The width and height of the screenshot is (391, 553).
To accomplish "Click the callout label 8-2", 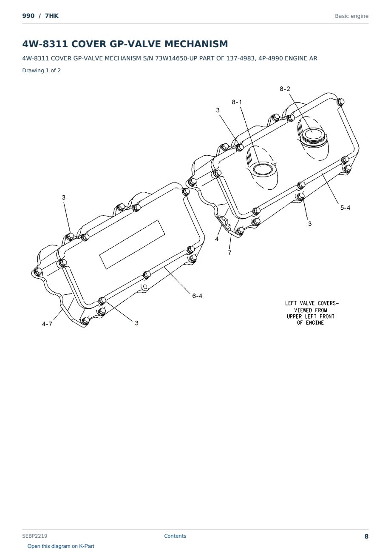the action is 285,89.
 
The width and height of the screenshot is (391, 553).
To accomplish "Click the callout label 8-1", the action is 237,102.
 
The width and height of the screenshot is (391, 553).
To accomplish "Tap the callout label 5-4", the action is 345,208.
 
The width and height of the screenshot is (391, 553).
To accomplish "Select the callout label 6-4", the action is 197,296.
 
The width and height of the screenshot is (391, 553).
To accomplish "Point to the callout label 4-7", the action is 47,324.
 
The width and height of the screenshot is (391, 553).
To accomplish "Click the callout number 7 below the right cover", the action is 229,253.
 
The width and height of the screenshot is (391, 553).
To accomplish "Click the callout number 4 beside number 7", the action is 217,239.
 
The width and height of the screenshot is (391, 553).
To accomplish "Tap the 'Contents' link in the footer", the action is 175,536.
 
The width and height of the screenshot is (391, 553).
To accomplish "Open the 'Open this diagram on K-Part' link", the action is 61,546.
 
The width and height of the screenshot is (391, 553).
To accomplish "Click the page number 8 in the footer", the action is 366,536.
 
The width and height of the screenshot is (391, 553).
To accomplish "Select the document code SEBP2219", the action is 35,536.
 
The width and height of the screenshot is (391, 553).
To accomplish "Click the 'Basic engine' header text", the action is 351,16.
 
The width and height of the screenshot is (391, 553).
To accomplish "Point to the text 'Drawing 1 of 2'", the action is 42,71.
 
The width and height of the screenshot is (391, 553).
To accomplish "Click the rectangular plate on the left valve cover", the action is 132,245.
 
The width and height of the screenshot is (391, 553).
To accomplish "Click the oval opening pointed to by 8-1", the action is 263,169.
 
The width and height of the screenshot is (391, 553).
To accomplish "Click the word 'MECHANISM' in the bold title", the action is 196,44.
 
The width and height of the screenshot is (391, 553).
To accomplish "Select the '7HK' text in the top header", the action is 52,16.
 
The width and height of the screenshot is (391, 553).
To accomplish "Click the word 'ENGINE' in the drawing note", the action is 315,323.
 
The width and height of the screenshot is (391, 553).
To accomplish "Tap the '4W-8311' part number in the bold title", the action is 45,44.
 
